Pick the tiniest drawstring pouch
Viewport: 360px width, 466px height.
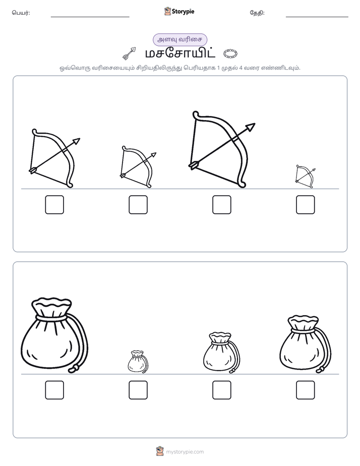click(138, 362)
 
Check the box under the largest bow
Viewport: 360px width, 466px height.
click(221, 205)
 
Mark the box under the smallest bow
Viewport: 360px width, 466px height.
click(306, 205)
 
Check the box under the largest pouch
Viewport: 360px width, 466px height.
click(54, 390)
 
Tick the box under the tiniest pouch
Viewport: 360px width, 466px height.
click(138, 390)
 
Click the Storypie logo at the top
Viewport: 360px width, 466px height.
click(179, 12)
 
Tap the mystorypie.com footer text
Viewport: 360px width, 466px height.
click(185, 452)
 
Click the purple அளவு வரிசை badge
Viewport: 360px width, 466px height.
click(179, 39)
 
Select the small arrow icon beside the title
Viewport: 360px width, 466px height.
click(129, 53)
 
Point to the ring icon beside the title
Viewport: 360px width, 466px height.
click(230, 53)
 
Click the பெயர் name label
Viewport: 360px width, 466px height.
click(21, 13)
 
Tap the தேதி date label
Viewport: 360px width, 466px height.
click(257, 13)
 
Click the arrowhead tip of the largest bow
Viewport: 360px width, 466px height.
click(255, 124)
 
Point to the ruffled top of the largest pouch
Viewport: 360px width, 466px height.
click(51, 304)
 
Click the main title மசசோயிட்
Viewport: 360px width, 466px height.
click(179, 53)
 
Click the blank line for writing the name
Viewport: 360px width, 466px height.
click(90, 17)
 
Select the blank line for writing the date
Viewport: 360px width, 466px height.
click(317, 17)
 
